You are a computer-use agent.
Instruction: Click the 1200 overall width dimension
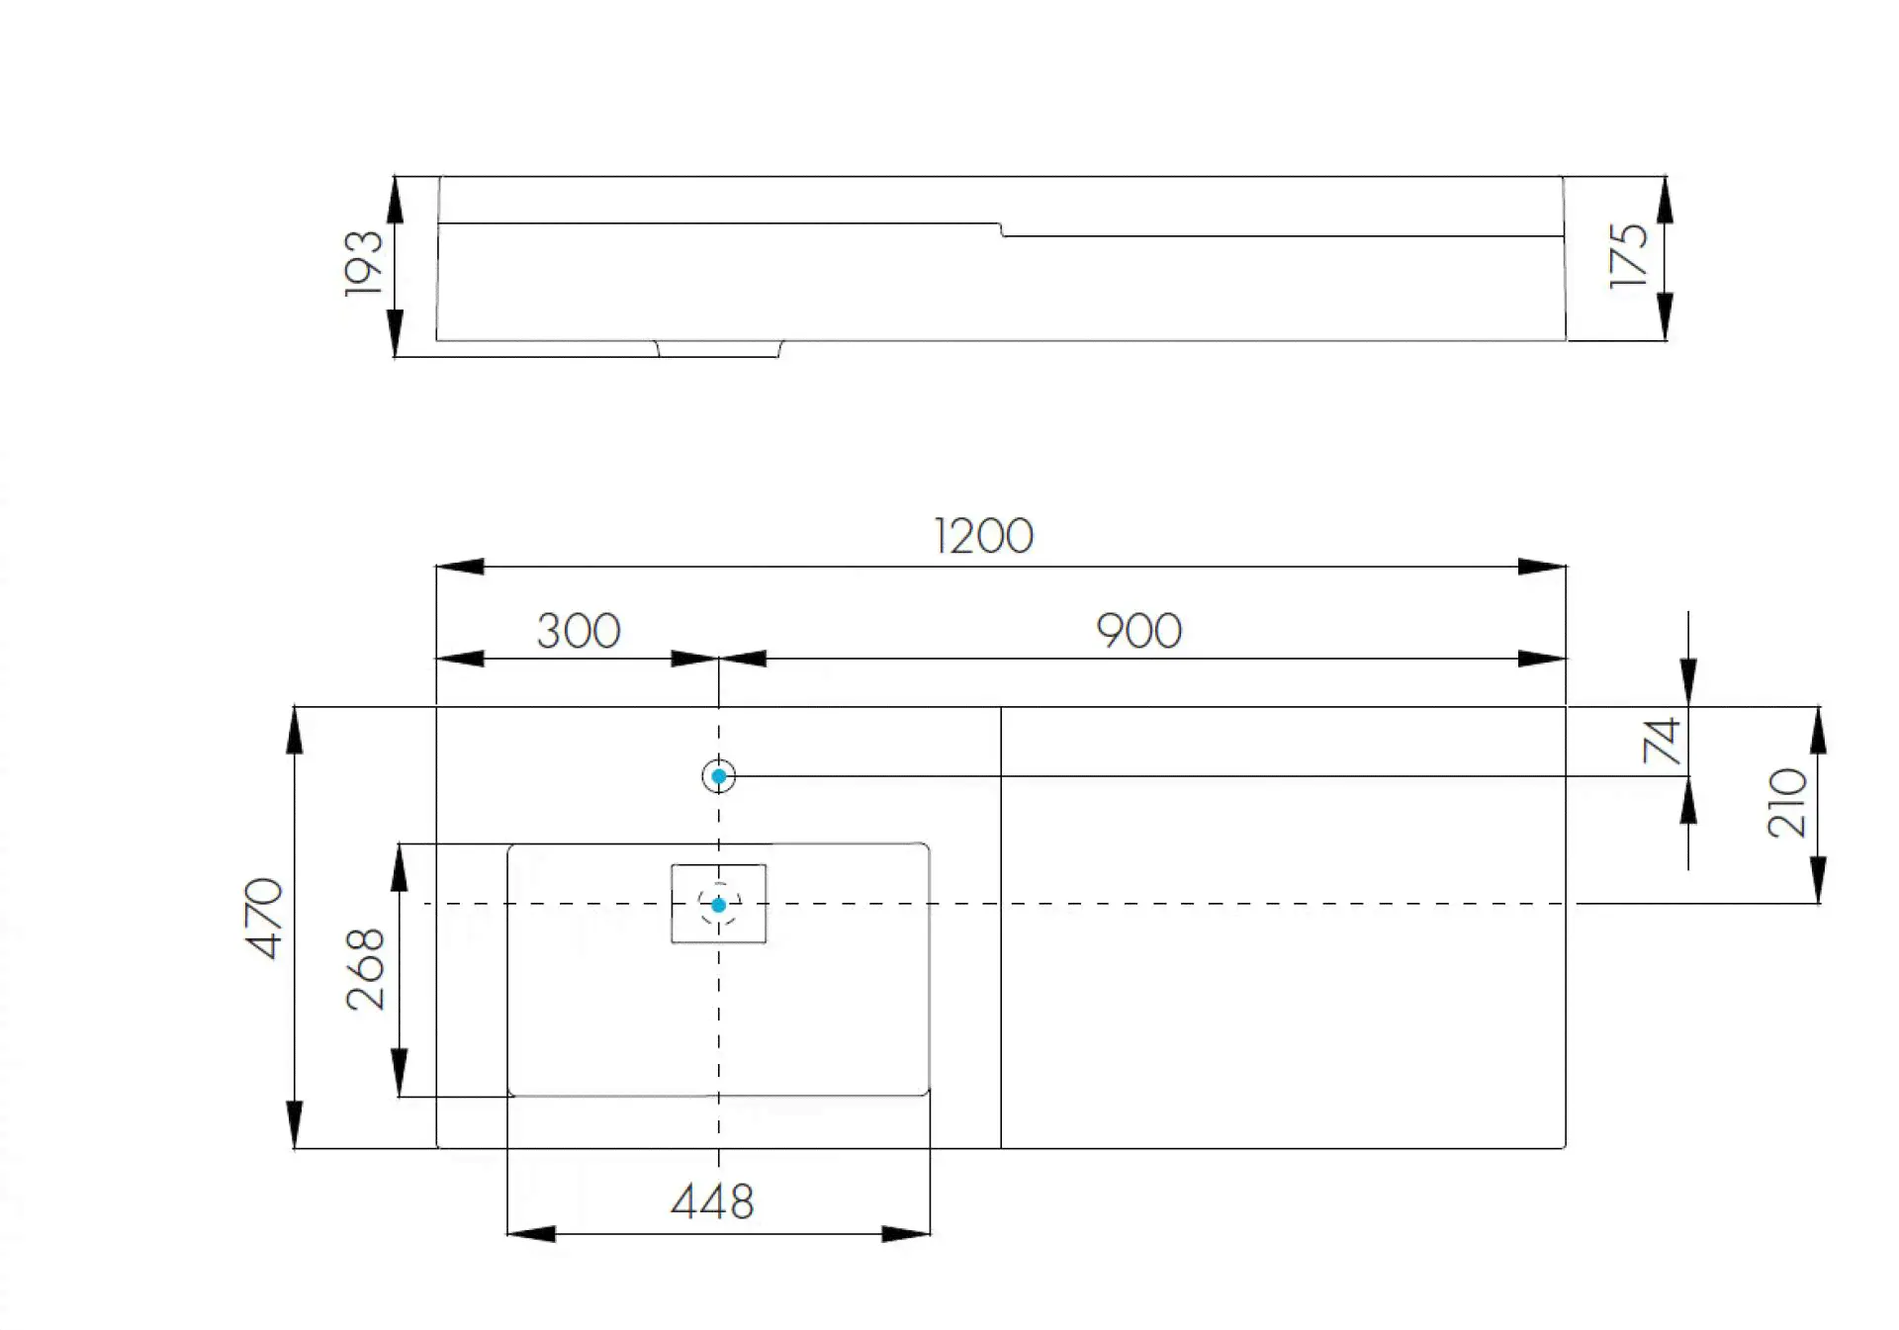983,536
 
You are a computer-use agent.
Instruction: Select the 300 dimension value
579,631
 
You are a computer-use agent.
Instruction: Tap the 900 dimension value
1138,631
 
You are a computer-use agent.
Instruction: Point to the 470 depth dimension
264,918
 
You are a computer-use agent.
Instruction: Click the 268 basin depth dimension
366,968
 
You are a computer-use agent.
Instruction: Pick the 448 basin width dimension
712,1202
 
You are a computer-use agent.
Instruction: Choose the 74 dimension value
1662,741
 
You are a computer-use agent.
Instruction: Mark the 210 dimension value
1787,803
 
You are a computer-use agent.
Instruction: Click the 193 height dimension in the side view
363,263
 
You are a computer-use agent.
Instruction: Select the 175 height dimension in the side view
1629,256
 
